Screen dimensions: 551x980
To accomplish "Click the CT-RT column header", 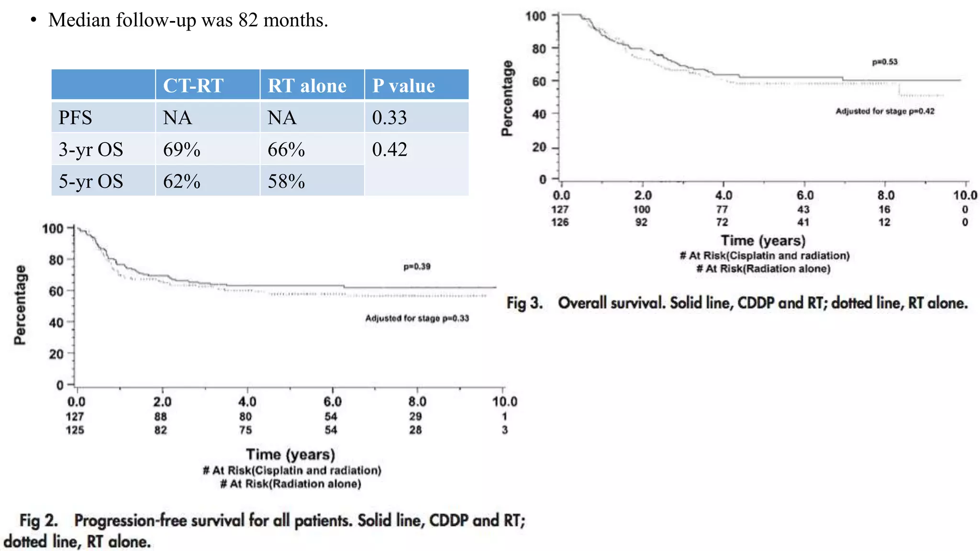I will click(193, 86).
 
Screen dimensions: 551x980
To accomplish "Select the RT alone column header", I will click(307, 86).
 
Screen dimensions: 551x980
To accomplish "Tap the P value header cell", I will click(403, 86).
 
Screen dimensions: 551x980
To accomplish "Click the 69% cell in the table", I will click(182, 150).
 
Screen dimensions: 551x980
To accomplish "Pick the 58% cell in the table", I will click(286, 181).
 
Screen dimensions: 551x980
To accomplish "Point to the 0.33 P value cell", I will click(390, 118).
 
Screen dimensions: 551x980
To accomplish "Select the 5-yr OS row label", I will click(91, 181).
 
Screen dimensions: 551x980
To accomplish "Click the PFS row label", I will click(75, 118).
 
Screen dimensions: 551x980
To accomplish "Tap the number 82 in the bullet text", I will click(248, 20).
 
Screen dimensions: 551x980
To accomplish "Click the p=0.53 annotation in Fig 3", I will click(885, 62).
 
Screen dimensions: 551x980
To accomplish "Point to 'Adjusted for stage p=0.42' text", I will click(885, 111).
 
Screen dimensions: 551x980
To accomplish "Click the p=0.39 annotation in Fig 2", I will click(417, 266).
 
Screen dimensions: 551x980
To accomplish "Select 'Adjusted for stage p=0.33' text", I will click(417, 318).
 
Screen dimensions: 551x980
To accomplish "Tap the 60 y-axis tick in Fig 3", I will click(539, 81).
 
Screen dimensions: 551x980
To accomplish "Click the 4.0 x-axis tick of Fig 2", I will click(247, 402).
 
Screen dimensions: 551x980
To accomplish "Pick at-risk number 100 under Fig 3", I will click(642, 209).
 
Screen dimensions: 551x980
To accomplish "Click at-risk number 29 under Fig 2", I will click(415, 417).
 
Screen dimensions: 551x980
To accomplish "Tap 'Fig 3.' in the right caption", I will click(524, 303).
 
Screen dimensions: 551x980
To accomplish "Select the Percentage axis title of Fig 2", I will click(20, 305).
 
